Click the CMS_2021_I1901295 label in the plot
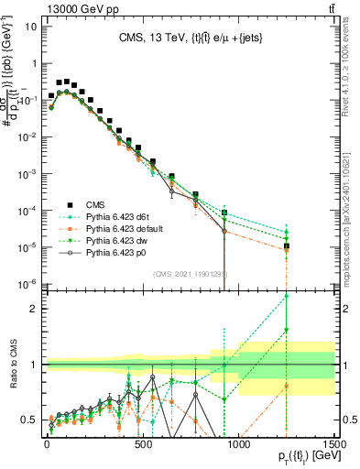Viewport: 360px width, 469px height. [x=190, y=274]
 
